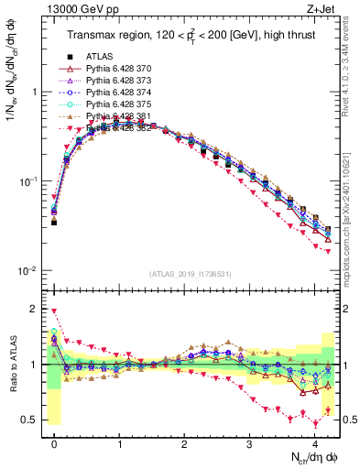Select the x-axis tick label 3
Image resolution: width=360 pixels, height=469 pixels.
[x=249, y=444]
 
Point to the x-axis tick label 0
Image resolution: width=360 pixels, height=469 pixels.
[x=54, y=444]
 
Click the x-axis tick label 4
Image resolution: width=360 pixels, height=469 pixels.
[x=314, y=444]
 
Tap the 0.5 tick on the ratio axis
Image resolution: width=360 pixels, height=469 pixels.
[x=33, y=420]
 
